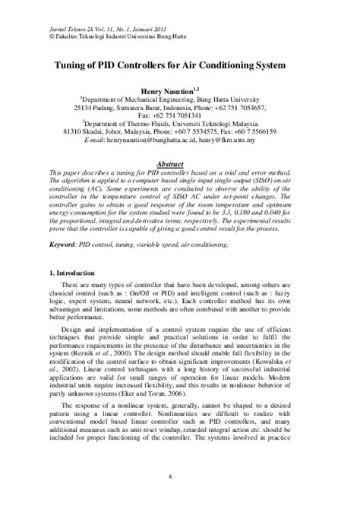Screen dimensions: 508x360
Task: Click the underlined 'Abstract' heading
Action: tap(180, 163)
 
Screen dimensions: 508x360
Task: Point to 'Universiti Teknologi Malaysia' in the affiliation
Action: tap(231, 125)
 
